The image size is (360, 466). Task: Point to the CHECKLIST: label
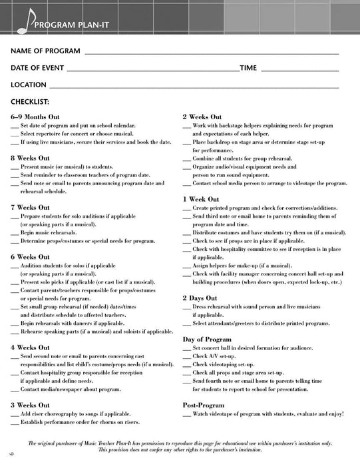pos(31,102)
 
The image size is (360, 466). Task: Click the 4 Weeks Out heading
pos(31,348)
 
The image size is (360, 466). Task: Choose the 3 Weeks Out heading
pos(31,404)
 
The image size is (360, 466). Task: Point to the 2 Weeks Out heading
pos(203,116)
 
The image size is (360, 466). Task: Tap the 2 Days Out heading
pos(200,298)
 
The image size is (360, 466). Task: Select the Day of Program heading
pos(207,339)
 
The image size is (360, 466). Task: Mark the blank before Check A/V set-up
pos(186,356)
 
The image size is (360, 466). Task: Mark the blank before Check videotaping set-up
pos(186,364)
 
